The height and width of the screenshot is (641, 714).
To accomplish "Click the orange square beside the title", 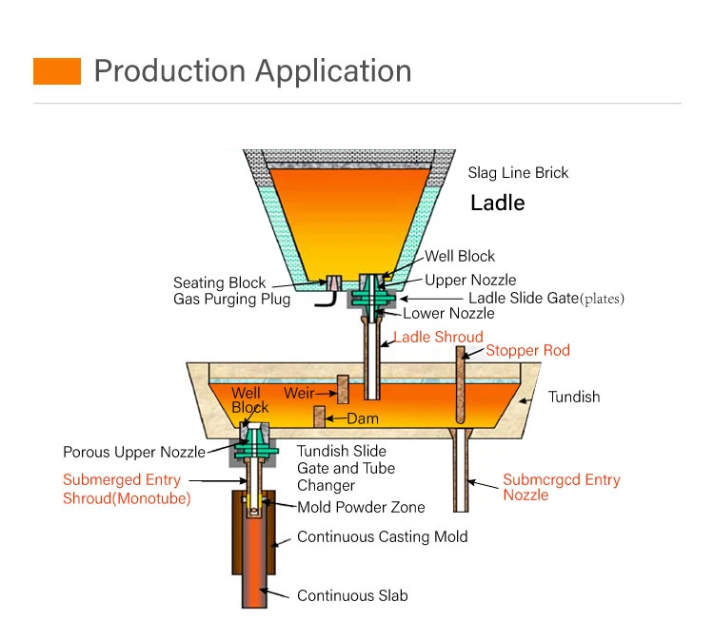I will click(x=57, y=70).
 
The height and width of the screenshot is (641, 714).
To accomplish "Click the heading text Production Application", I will click(x=253, y=70).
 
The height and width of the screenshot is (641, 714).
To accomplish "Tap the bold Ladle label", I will click(x=498, y=203).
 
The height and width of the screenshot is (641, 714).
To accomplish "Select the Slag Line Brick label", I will click(x=518, y=173).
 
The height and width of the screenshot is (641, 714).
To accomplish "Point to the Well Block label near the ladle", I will click(x=460, y=256).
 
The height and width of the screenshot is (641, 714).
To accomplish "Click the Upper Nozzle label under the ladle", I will click(x=470, y=280).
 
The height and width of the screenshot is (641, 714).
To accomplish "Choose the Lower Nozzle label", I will click(x=448, y=313).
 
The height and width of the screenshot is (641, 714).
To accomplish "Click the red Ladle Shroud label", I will click(x=439, y=337).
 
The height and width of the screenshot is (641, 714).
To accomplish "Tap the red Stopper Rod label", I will click(x=527, y=350).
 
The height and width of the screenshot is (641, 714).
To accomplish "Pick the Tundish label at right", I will click(x=574, y=397).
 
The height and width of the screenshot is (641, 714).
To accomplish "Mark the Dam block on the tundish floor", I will click(x=321, y=418).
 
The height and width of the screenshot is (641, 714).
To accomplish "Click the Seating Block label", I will click(x=220, y=282).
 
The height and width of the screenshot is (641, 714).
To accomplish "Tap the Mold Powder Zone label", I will click(x=361, y=507).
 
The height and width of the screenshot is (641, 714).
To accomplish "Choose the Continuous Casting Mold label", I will click(x=382, y=536).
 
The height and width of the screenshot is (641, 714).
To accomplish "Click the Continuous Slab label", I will click(x=352, y=595).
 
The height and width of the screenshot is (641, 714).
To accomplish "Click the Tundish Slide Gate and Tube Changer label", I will click(x=346, y=468).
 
